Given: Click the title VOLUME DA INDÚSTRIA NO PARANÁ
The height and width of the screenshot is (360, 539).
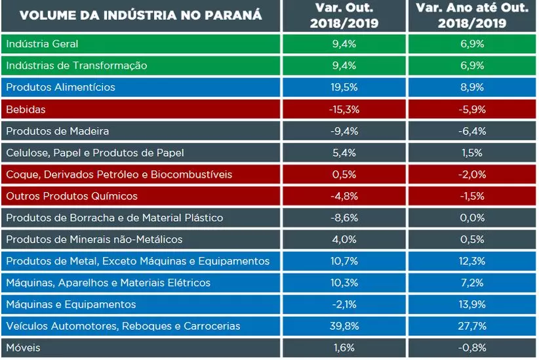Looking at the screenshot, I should click(x=141, y=16).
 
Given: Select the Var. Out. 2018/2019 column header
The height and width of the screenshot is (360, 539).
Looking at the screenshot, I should click(x=344, y=16).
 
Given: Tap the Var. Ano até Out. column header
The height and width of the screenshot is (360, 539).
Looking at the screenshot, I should click(x=473, y=16).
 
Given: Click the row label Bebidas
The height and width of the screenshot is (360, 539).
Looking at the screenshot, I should click(x=26, y=109).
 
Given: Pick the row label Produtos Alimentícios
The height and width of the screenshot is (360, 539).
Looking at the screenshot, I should click(x=60, y=87).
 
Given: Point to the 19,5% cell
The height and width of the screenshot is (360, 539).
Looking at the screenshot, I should click(x=344, y=87).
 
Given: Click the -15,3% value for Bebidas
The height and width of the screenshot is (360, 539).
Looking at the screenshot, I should click(x=344, y=109).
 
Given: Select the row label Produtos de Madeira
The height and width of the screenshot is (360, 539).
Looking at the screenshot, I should click(x=58, y=131).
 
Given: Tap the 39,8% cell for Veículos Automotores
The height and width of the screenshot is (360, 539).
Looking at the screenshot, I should click(x=344, y=326).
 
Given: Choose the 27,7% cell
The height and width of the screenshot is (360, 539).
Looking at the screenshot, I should click(x=473, y=326).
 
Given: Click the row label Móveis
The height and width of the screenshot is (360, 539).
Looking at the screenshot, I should click(x=24, y=348).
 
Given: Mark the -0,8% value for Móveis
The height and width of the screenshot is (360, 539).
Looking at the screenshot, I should click(x=473, y=348).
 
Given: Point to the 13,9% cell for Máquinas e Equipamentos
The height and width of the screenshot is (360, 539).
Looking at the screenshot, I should click(x=473, y=304).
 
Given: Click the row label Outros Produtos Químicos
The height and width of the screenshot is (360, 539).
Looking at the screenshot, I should click(x=71, y=196).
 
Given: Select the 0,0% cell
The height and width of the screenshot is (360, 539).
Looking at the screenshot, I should click(x=473, y=218).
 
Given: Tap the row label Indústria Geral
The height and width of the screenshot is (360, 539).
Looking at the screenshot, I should click(x=42, y=44).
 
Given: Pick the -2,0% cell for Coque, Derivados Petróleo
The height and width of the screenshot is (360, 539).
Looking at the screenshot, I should click(x=473, y=174).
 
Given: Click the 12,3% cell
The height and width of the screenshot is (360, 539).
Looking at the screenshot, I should click(x=473, y=261).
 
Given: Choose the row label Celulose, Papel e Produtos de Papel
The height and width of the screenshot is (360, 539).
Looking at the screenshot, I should click(x=95, y=153).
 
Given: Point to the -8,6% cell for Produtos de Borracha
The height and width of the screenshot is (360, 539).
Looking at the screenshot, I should click(x=344, y=218).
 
